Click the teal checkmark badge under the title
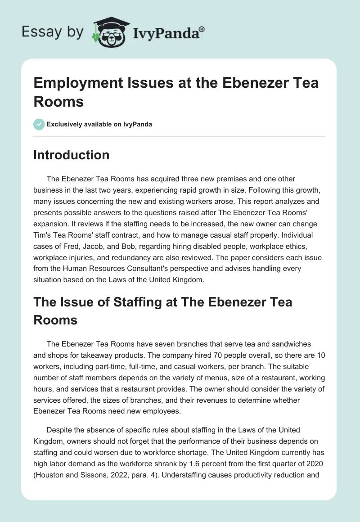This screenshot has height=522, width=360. point(39,124)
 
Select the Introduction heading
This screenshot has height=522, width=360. point(72,155)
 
